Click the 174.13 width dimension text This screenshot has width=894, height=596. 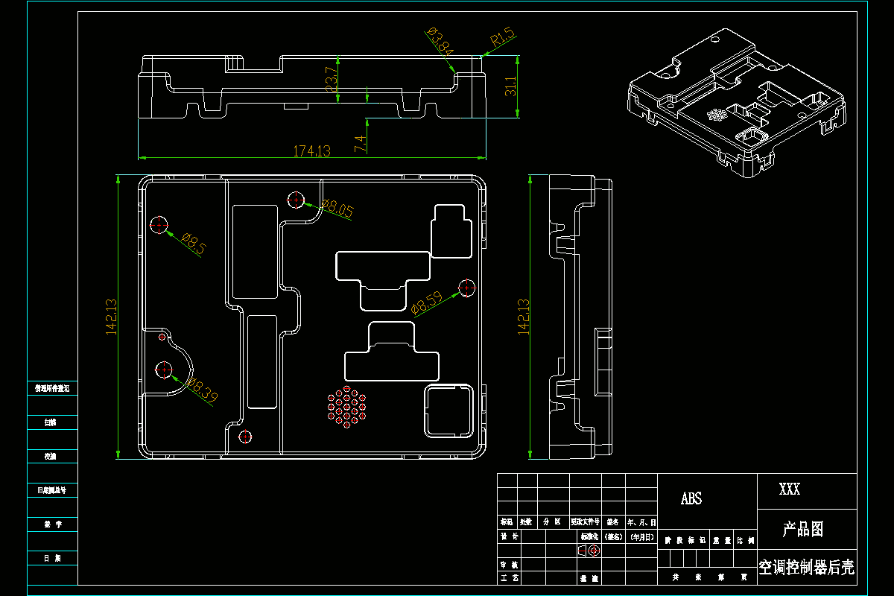tap(311, 150)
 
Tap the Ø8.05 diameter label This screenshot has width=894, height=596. tap(337, 209)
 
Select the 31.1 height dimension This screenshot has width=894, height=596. tap(510, 86)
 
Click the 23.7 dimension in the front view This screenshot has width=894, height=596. tap(332, 79)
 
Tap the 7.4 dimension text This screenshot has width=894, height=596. tap(361, 144)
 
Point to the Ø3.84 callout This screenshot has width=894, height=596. tap(440, 41)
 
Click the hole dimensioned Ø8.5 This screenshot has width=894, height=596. tap(159, 224)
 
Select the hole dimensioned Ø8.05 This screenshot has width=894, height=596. tap(296, 200)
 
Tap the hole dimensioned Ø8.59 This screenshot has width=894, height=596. tap(467, 288)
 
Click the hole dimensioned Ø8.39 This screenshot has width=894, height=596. tap(164, 369)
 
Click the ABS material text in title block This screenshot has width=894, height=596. tap(691, 498)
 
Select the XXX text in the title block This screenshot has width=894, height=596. tap(790, 489)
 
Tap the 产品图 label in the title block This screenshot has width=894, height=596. tap(803, 530)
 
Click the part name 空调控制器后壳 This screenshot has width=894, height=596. tap(807, 568)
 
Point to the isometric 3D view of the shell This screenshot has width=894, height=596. tap(736, 104)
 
